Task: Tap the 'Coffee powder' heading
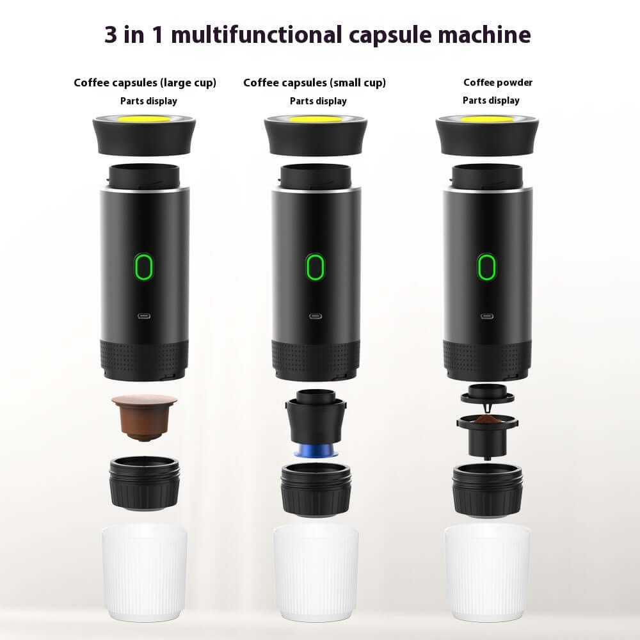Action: [498, 83]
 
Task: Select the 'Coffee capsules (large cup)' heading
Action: [145, 83]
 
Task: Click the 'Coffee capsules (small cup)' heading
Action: [314, 83]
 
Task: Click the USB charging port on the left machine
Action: [144, 316]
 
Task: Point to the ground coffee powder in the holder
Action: [488, 420]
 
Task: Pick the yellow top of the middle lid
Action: [315, 120]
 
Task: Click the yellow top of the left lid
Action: [144, 118]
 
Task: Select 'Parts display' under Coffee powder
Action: [491, 100]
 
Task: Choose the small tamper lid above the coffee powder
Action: [488, 392]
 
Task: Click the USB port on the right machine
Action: [487, 316]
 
